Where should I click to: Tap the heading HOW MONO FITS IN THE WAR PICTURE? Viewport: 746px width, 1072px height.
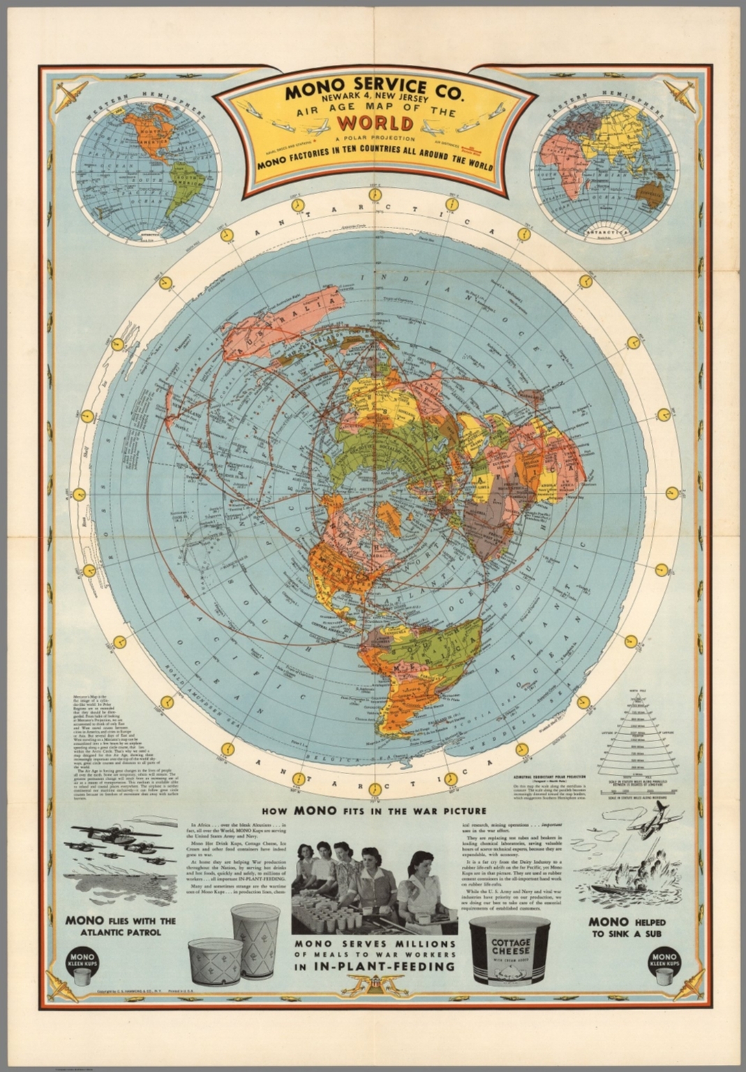click(x=373, y=811)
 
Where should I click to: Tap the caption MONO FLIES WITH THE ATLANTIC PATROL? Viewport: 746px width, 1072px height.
click(x=120, y=925)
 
